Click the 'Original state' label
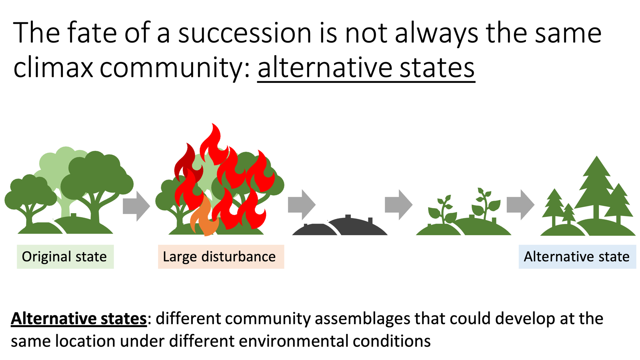(65, 256)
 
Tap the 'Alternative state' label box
(577, 256)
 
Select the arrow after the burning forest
(301, 205)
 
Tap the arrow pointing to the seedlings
(398, 205)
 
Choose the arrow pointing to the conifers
(520, 205)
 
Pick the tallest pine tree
(596, 184)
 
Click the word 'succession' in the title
(244, 33)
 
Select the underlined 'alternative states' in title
(366, 67)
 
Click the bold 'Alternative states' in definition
(79, 319)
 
